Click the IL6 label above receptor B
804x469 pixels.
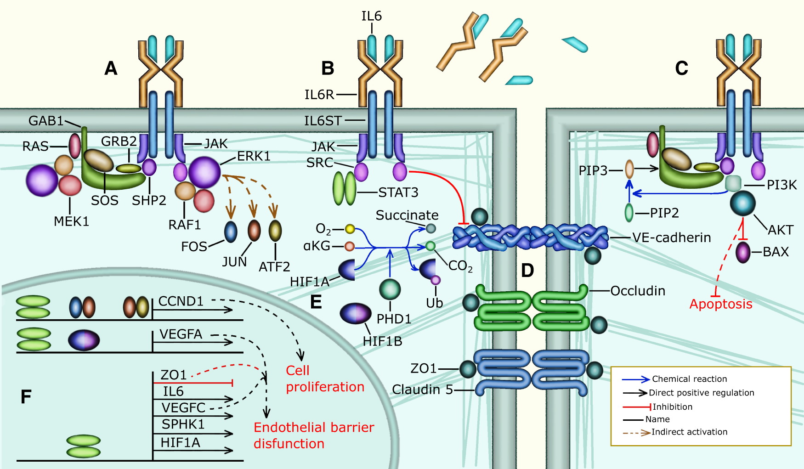click(x=371, y=17)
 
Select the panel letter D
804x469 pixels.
click(x=527, y=271)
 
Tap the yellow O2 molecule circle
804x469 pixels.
click(x=350, y=229)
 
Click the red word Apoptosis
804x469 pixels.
click(x=720, y=304)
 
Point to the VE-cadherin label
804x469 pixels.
click(x=671, y=237)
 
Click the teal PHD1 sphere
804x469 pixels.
click(x=390, y=289)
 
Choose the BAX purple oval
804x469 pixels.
click(x=742, y=252)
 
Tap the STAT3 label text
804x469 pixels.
click(x=398, y=192)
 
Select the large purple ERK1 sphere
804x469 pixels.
click(x=204, y=172)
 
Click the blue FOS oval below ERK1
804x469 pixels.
click(x=231, y=232)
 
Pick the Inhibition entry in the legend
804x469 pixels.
click(x=672, y=407)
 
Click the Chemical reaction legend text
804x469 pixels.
click(x=689, y=379)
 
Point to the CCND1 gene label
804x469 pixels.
click(x=181, y=301)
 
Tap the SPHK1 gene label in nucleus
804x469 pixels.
click(x=183, y=424)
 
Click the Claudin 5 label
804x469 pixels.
click(x=422, y=390)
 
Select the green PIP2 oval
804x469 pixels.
click(x=629, y=213)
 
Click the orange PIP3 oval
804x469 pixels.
click(x=629, y=169)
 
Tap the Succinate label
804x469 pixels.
click(x=407, y=215)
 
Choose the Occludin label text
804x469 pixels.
click(x=637, y=291)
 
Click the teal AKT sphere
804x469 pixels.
click(x=742, y=203)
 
